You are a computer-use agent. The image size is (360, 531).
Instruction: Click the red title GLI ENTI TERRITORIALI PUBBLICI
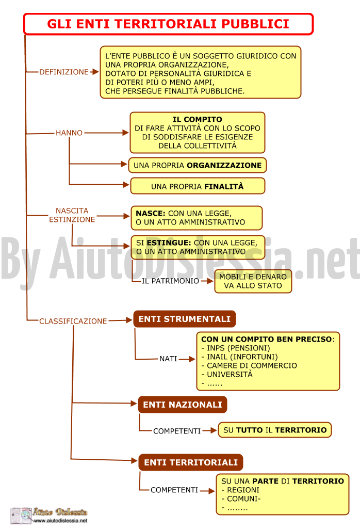pos(168,24)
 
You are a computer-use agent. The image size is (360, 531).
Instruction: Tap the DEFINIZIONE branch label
pos(64,72)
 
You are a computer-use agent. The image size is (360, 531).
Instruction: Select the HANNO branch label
pos(69,133)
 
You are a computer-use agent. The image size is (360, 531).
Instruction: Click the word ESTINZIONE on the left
pos(72,219)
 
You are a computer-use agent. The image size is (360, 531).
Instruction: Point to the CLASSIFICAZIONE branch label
pos(73,321)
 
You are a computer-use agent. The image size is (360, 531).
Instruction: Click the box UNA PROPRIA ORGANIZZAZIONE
pos(198,165)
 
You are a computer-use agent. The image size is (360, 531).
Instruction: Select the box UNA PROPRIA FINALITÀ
pos(198,186)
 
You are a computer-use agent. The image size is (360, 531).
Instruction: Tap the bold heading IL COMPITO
pos(198,119)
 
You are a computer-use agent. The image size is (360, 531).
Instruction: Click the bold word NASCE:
pos(151,213)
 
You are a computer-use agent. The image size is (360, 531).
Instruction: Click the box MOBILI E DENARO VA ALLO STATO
pos(253,281)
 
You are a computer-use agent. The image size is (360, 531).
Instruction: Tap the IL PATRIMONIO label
pos(171,281)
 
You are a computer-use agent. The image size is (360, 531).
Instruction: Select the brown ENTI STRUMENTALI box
pos(185,319)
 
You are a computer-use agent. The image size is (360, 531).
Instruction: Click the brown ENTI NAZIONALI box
pos(183,405)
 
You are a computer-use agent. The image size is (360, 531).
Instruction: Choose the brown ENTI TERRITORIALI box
pos(191,462)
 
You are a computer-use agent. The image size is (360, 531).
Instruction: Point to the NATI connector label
pos(169,359)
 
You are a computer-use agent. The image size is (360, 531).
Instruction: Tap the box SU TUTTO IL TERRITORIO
pos(275,430)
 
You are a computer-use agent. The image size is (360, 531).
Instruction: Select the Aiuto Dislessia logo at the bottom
pos(49,516)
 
